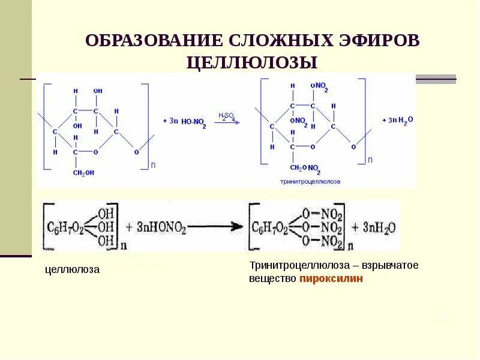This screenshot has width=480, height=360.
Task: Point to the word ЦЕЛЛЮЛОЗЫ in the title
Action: [x=251, y=62]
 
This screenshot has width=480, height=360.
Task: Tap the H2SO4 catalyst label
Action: [x=227, y=116]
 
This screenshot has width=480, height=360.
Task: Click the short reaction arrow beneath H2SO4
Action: [x=227, y=122]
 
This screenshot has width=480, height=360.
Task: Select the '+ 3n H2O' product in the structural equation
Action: [x=398, y=121]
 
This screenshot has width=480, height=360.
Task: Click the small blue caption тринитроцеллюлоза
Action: [x=310, y=181]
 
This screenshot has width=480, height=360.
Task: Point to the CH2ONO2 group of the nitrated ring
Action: [x=307, y=168]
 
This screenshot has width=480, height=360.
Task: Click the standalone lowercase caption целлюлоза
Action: [x=73, y=270]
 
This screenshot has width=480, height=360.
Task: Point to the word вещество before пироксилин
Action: [x=273, y=279]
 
